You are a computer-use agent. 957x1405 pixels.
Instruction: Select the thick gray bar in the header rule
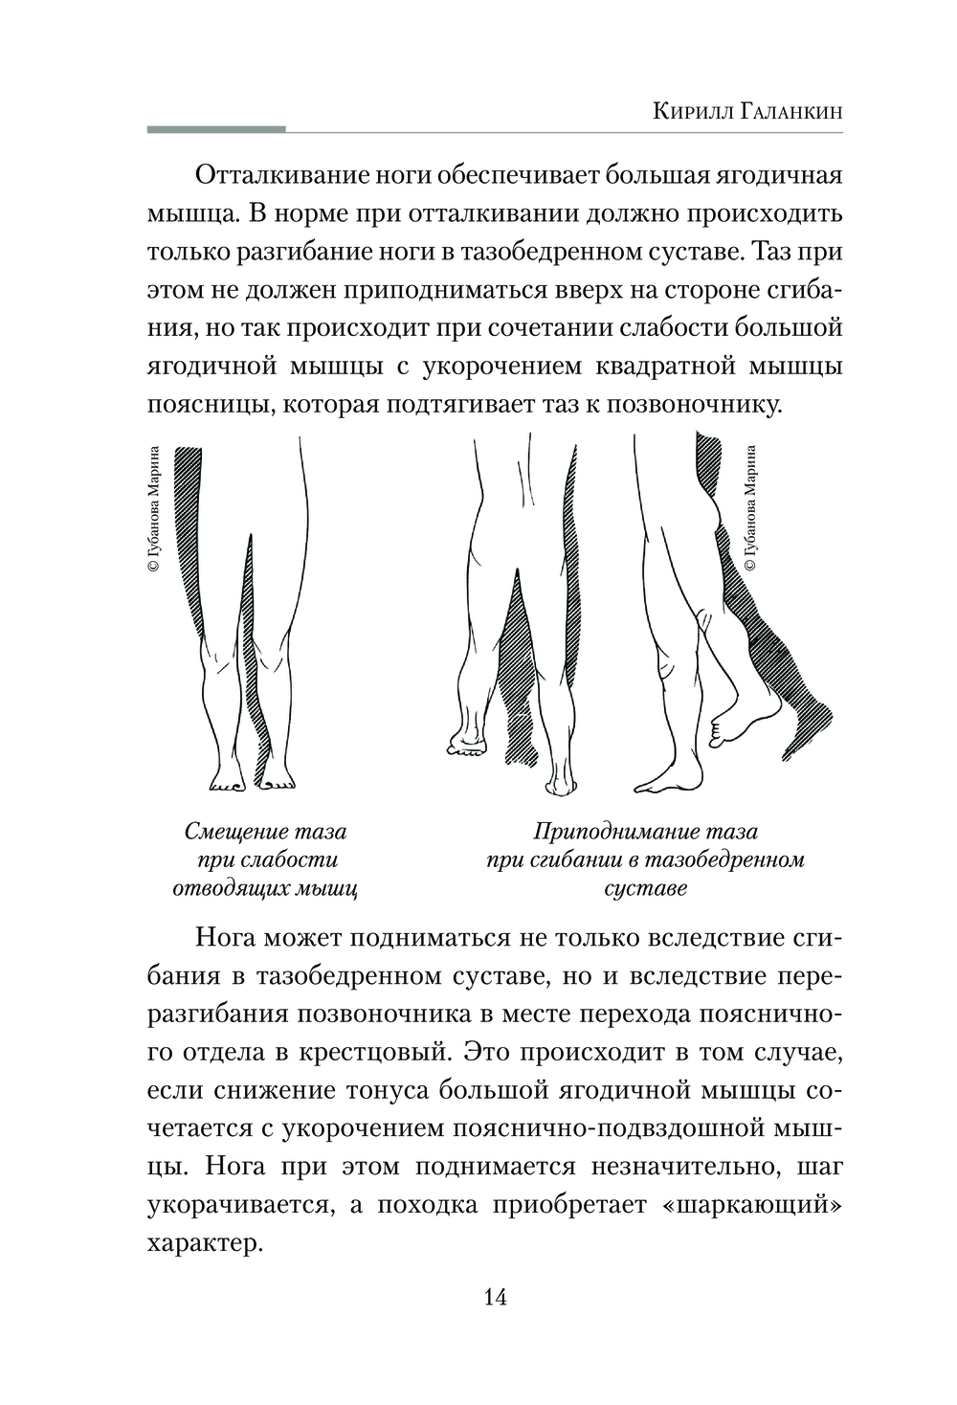tap(216, 128)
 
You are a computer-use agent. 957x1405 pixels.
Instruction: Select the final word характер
tap(204, 1243)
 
